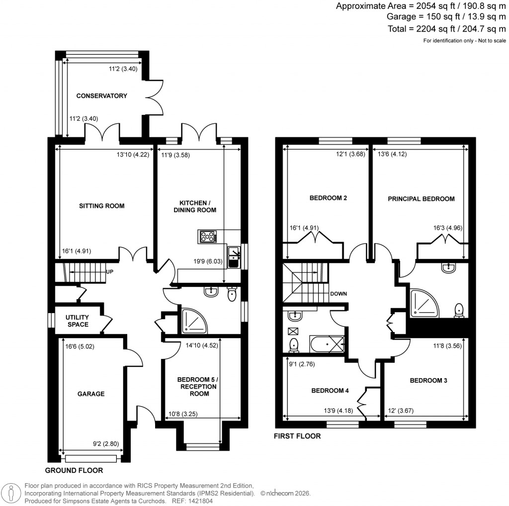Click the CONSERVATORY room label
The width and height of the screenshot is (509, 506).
[101, 96]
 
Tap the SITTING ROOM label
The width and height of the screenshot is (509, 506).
[101, 206]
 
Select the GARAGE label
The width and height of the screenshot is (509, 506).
[90, 394]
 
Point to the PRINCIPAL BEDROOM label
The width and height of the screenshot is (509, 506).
[421, 199]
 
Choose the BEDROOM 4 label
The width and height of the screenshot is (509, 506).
[330, 391]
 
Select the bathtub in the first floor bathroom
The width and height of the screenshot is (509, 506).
[327, 343]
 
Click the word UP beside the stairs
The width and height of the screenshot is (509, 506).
[110, 272]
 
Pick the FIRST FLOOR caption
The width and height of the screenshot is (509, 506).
[297, 436]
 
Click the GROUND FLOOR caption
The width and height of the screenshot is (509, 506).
[74, 470]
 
